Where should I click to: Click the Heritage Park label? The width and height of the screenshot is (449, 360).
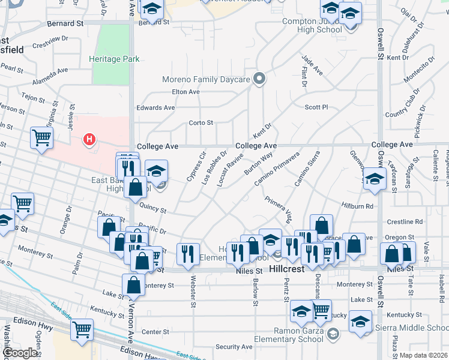pos(114,59)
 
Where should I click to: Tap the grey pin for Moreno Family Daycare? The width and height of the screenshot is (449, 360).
pos(260,79)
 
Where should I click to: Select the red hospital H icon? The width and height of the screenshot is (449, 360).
pos(89,140)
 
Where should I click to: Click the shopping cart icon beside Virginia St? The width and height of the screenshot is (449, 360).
pos(41,137)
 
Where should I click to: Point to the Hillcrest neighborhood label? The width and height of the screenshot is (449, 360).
pos(288,269)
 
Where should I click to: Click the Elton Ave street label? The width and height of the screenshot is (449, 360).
pos(185,92)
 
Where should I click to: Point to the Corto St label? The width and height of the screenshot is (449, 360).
pos(201,123)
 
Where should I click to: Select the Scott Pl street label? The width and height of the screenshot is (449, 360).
pos(316,107)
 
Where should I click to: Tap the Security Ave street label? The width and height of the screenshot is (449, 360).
pos(234,347)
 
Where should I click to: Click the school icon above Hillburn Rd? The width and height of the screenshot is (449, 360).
pos(375,179)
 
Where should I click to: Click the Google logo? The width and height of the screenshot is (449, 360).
pos(20,353)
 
